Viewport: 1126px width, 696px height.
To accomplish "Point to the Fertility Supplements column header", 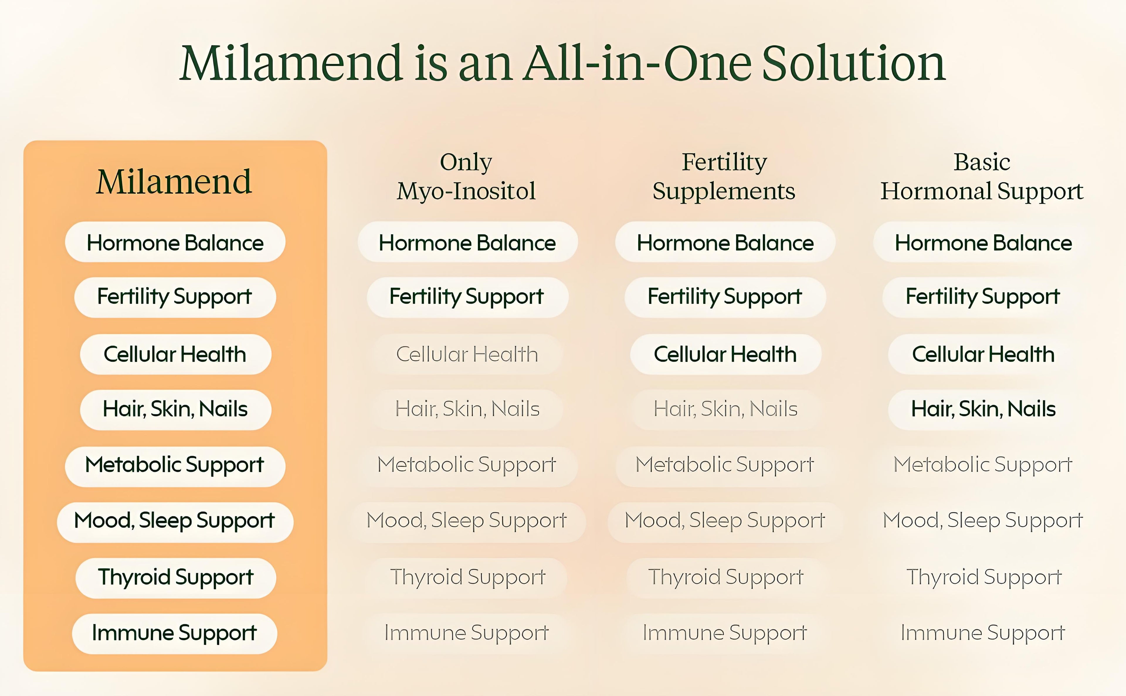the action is point(724,176).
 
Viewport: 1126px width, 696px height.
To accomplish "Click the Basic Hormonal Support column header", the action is point(982,176).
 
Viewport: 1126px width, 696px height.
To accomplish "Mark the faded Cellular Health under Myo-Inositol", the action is point(467,354).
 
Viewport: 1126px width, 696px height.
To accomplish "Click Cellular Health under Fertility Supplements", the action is point(725,354).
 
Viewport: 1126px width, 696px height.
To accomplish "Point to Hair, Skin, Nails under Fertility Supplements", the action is point(725,409).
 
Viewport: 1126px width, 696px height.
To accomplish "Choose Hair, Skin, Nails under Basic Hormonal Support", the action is point(983,409).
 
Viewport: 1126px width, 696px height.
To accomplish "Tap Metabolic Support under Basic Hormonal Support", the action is point(983,465).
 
